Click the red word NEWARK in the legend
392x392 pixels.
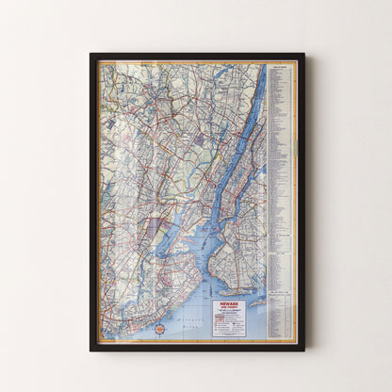click(x=228, y=305)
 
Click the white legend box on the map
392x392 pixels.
click(x=228, y=318)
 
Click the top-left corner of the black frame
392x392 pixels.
click(x=91, y=55)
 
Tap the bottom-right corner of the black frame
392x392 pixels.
click(x=302, y=350)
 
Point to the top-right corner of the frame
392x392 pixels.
click(x=302, y=55)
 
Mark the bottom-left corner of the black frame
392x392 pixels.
click(x=91, y=350)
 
